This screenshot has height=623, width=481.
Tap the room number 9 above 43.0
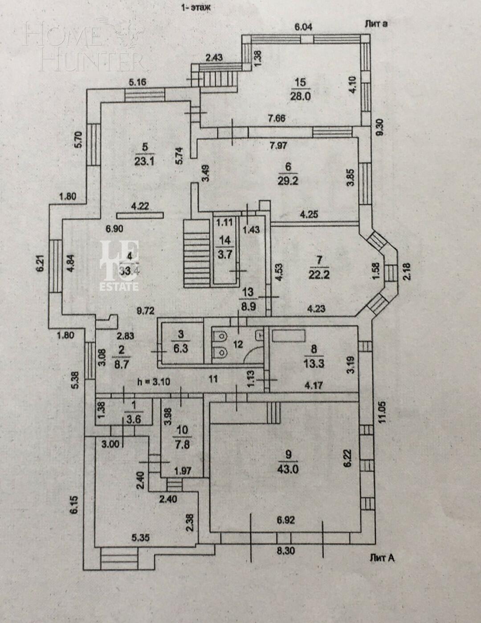click(289, 455)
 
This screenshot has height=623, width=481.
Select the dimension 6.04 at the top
click(303, 27)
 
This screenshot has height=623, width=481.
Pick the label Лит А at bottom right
click(382, 557)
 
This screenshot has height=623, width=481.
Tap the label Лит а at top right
click(375, 24)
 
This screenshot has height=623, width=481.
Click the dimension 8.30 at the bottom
click(286, 551)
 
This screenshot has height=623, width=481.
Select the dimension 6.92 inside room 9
click(285, 520)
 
